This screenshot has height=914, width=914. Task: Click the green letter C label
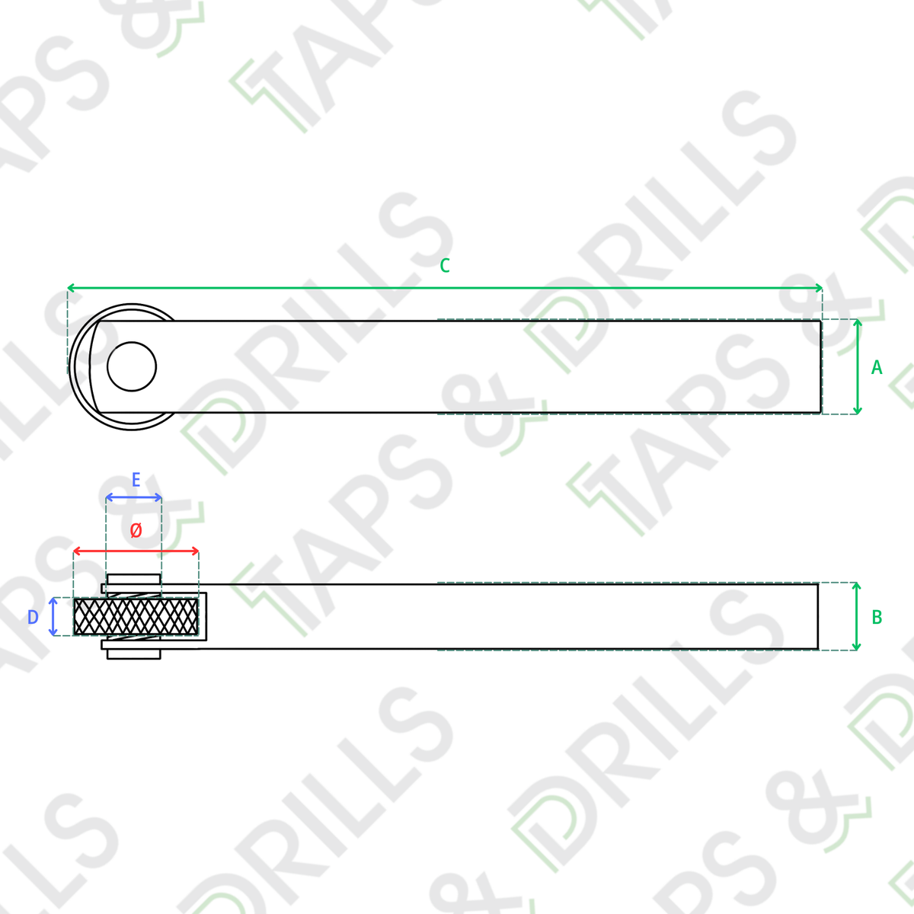444,266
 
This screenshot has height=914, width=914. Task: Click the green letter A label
877,367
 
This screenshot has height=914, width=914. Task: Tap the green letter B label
877,617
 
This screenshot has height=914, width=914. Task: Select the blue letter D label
33,617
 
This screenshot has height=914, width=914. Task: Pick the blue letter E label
136,480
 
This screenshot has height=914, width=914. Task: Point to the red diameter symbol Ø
136,530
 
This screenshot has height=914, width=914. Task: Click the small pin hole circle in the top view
131,366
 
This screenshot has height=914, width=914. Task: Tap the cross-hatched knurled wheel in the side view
136,617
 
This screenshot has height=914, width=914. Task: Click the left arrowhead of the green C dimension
71,288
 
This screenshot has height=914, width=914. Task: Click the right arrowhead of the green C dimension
819,288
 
